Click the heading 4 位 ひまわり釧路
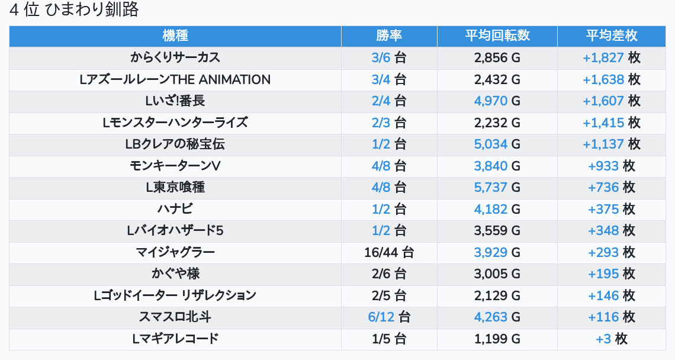pyautogui.click(x=74, y=10)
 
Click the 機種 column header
pyautogui.click(x=175, y=36)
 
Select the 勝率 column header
pyautogui.click(x=389, y=36)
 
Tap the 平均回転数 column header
pyautogui.click(x=497, y=36)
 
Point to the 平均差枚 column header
pyautogui.click(x=612, y=36)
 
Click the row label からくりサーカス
pyautogui.click(x=175, y=57)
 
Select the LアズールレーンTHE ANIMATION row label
pyautogui.click(x=175, y=79)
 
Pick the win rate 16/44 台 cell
pyautogui.click(x=389, y=252)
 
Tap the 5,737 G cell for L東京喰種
pyautogui.click(x=497, y=188)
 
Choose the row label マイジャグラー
pyautogui.click(x=175, y=252)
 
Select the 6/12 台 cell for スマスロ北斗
pyautogui.click(x=389, y=317)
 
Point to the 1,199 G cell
pyautogui.click(x=497, y=339)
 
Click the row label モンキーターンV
pyautogui.click(x=175, y=166)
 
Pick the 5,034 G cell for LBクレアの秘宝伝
pyautogui.click(x=497, y=144)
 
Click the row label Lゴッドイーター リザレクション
pyautogui.click(x=175, y=295)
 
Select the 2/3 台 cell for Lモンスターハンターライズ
pyautogui.click(x=389, y=123)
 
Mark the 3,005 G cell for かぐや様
pyautogui.click(x=497, y=274)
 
